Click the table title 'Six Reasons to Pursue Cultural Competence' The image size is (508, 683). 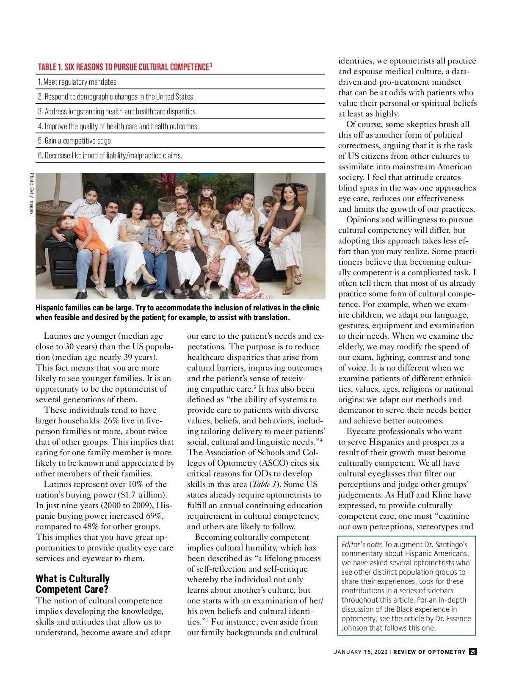(x=124, y=67)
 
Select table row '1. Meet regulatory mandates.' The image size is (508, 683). (x=78, y=82)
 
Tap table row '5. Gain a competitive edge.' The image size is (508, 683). (x=75, y=141)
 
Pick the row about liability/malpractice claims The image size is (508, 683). (x=110, y=156)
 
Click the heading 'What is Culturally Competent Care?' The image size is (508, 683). (x=72, y=584)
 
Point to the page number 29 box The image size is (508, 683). (x=473, y=652)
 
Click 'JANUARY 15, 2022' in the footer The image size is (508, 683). (x=360, y=652)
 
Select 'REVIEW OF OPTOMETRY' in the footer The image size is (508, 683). (x=429, y=652)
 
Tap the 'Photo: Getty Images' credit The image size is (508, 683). (x=31, y=194)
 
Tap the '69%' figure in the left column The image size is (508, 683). (x=155, y=516)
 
